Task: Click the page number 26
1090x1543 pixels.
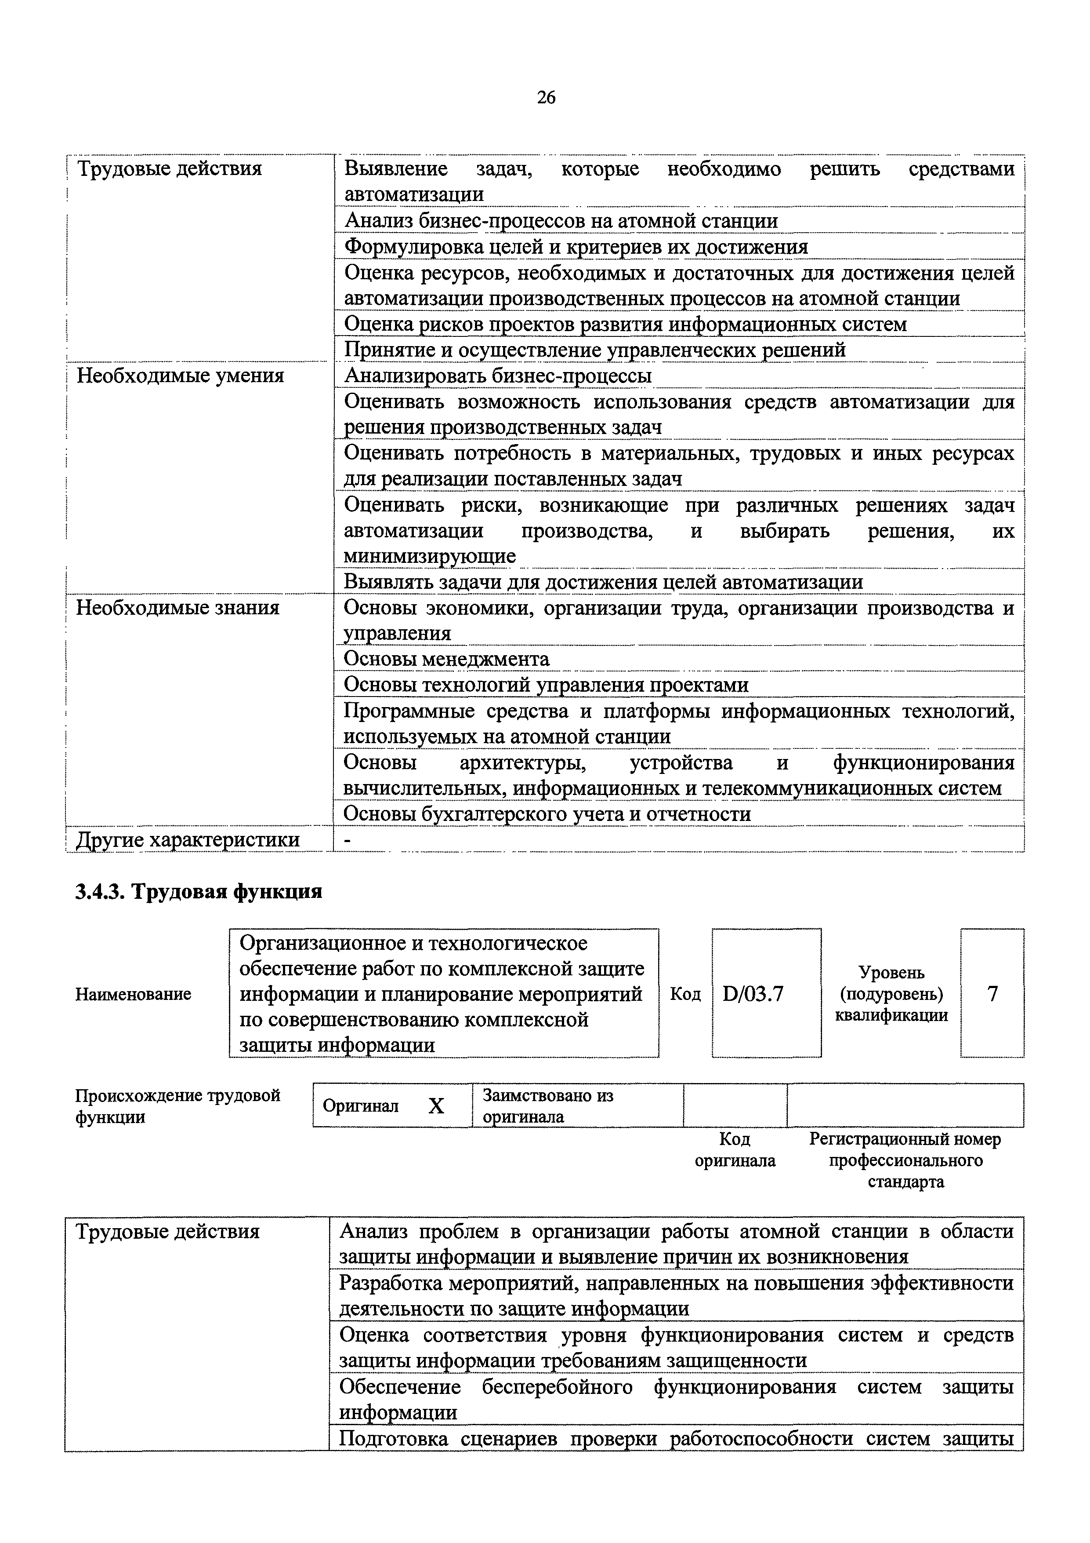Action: point(546,98)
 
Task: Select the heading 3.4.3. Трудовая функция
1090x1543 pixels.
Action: point(199,891)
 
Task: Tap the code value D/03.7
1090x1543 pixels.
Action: point(753,993)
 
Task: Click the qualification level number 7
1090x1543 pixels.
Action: point(992,993)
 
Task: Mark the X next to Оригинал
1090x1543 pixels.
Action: point(437,1106)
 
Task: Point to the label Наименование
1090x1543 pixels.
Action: point(133,994)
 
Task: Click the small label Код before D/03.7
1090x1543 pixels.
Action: point(685,994)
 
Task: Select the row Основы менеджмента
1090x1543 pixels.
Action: point(447,659)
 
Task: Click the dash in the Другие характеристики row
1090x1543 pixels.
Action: point(347,839)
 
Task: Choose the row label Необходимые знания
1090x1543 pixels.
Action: point(177,608)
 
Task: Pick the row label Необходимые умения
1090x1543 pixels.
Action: point(180,376)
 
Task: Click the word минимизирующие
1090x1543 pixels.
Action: point(430,556)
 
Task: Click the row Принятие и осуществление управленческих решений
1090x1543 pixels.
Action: point(594,350)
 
